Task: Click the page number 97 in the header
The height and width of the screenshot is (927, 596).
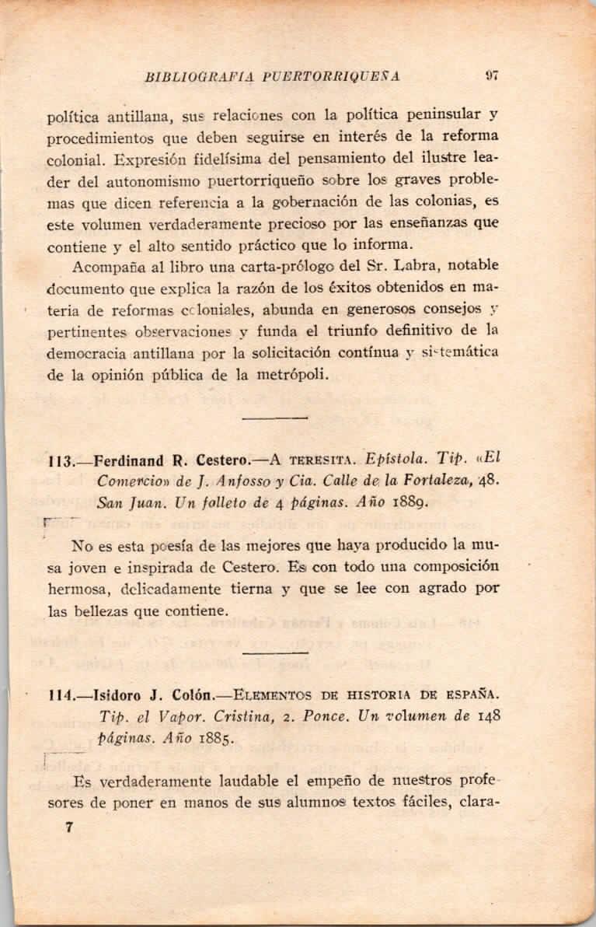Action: click(490, 76)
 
